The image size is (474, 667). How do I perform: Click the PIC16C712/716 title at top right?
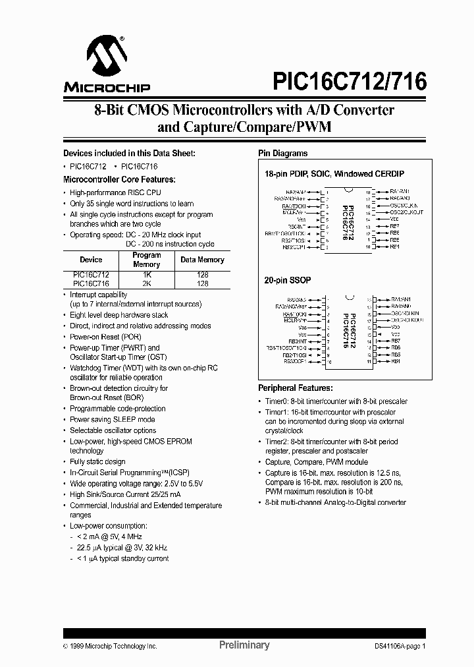click(350, 81)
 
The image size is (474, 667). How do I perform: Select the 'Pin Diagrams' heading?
click(282, 153)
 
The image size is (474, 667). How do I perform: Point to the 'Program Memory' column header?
click(146, 259)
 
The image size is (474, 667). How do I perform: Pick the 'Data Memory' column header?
click(202, 260)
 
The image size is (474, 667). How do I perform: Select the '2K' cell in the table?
click(146, 283)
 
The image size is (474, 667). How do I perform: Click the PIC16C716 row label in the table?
click(91, 283)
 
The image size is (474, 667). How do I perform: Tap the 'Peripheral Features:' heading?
click(295, 388)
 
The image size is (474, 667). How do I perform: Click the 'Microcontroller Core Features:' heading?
click(118, 179)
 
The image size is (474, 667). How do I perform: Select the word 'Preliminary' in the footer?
click(244, 645)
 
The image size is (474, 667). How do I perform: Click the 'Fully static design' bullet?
click(97, 462)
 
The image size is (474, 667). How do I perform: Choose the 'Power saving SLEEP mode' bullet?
click(113, 419)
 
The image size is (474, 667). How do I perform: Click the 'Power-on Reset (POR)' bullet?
click(106, 337)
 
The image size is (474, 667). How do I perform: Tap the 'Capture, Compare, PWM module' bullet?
click(317, 462)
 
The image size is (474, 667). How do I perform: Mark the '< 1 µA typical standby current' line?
click(122, 558)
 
